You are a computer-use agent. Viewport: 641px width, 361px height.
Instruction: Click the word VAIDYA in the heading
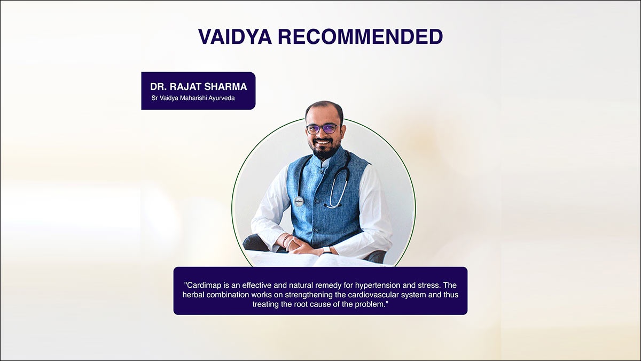pyautogui.click(x=235, y=37)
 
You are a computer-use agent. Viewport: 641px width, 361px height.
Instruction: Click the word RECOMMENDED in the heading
pyautogui.click(x=361, y=37)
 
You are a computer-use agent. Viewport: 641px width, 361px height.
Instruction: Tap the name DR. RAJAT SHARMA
pyautogui.click(x=199, y=87)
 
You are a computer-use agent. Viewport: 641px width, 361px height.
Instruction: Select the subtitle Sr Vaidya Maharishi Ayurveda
pyautogui.click(x=193, y=98)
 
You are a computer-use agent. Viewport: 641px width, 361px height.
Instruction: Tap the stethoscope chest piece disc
pyautogui.click(x=298, y=202)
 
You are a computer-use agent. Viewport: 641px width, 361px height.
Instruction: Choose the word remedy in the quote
pyautogui.click(x=329, y=286)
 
